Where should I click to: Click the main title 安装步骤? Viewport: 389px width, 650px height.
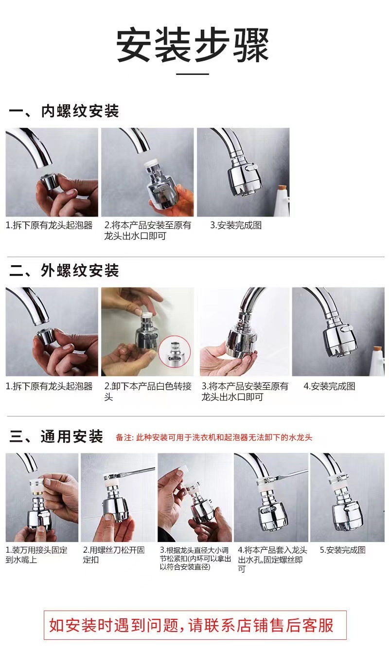click(193, 45)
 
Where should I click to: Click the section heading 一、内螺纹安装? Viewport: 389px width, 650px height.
click(64, 111)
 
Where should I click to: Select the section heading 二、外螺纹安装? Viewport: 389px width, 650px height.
click(64, 271)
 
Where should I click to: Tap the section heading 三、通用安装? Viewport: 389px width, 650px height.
click(56, 436)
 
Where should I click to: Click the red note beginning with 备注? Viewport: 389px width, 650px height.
click(214, 437)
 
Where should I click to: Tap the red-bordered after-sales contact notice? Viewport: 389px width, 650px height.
click(195, 625)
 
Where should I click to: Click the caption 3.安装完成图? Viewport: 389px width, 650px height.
click(236, 225)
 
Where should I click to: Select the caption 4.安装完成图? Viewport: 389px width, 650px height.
click(329, 386)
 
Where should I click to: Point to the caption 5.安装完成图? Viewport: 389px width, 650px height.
click(343, 550)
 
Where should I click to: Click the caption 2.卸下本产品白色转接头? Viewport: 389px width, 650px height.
click(148, 391)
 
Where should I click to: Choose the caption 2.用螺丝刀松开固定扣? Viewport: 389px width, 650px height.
click(114, 555)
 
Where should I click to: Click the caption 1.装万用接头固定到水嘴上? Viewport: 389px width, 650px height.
click(36, 555)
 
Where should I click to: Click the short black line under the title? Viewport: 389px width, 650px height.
click(193, 74)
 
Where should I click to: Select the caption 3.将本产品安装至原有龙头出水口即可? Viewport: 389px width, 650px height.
click(245, 391)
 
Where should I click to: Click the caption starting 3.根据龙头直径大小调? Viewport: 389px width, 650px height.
click(195, 559)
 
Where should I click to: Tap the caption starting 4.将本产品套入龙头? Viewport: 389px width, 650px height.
click(272, 559)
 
